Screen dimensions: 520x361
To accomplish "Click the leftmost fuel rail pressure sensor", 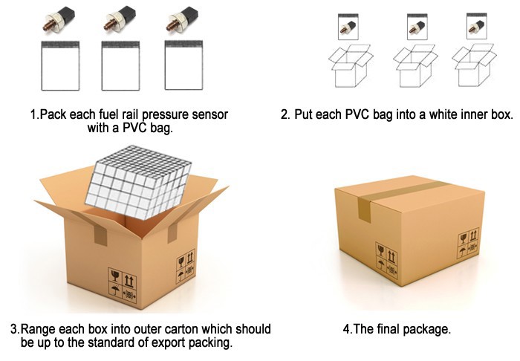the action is pos(59,19).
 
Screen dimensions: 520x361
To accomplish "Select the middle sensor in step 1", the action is pos(120,19).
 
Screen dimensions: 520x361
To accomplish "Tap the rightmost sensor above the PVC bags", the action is pos(182,19).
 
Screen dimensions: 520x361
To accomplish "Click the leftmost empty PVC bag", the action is pos(60,65).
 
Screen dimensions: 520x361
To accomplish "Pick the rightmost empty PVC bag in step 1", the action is pos(183,65).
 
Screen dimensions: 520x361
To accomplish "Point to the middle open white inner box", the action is pos(415,65).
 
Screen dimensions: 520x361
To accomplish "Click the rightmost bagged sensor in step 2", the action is pos(477,27).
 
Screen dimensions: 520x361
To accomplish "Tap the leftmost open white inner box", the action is pos(351,65).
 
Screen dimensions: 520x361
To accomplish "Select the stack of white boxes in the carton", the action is pos(138,182).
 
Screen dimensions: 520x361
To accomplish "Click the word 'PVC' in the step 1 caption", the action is pos(134,128).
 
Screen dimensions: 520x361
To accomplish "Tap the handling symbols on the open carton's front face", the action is pos(123,285).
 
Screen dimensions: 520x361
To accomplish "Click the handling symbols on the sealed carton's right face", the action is pos(469,243).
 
